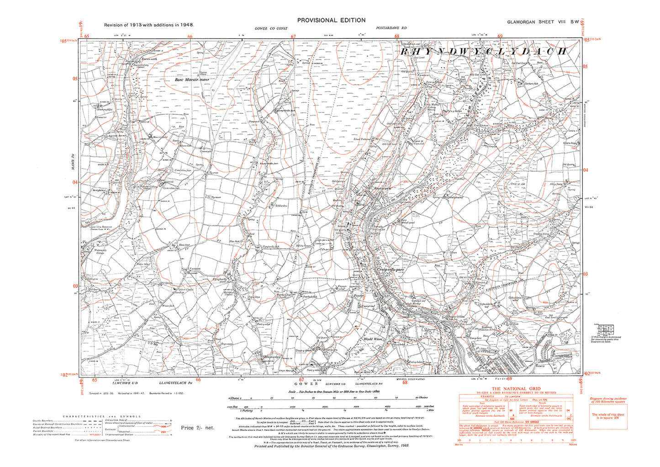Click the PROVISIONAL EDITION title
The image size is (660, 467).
[331, 20]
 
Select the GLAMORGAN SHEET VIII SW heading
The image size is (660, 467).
[543, 22]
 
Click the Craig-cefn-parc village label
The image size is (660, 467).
[391, 270]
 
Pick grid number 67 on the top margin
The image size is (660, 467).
[294, 37]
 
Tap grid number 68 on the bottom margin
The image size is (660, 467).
[405, 382]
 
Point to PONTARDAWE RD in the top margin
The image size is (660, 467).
[391, 28]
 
